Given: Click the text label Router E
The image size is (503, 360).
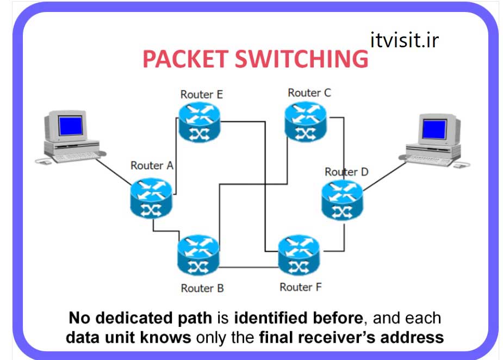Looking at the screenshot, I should click(x=201, y=94).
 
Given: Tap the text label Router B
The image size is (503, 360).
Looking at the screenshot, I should click(x=202, y=288).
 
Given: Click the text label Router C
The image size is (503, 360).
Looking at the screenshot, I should click(x=309, y=92).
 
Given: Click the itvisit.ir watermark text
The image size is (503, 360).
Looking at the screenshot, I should click(x=403, y=40).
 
